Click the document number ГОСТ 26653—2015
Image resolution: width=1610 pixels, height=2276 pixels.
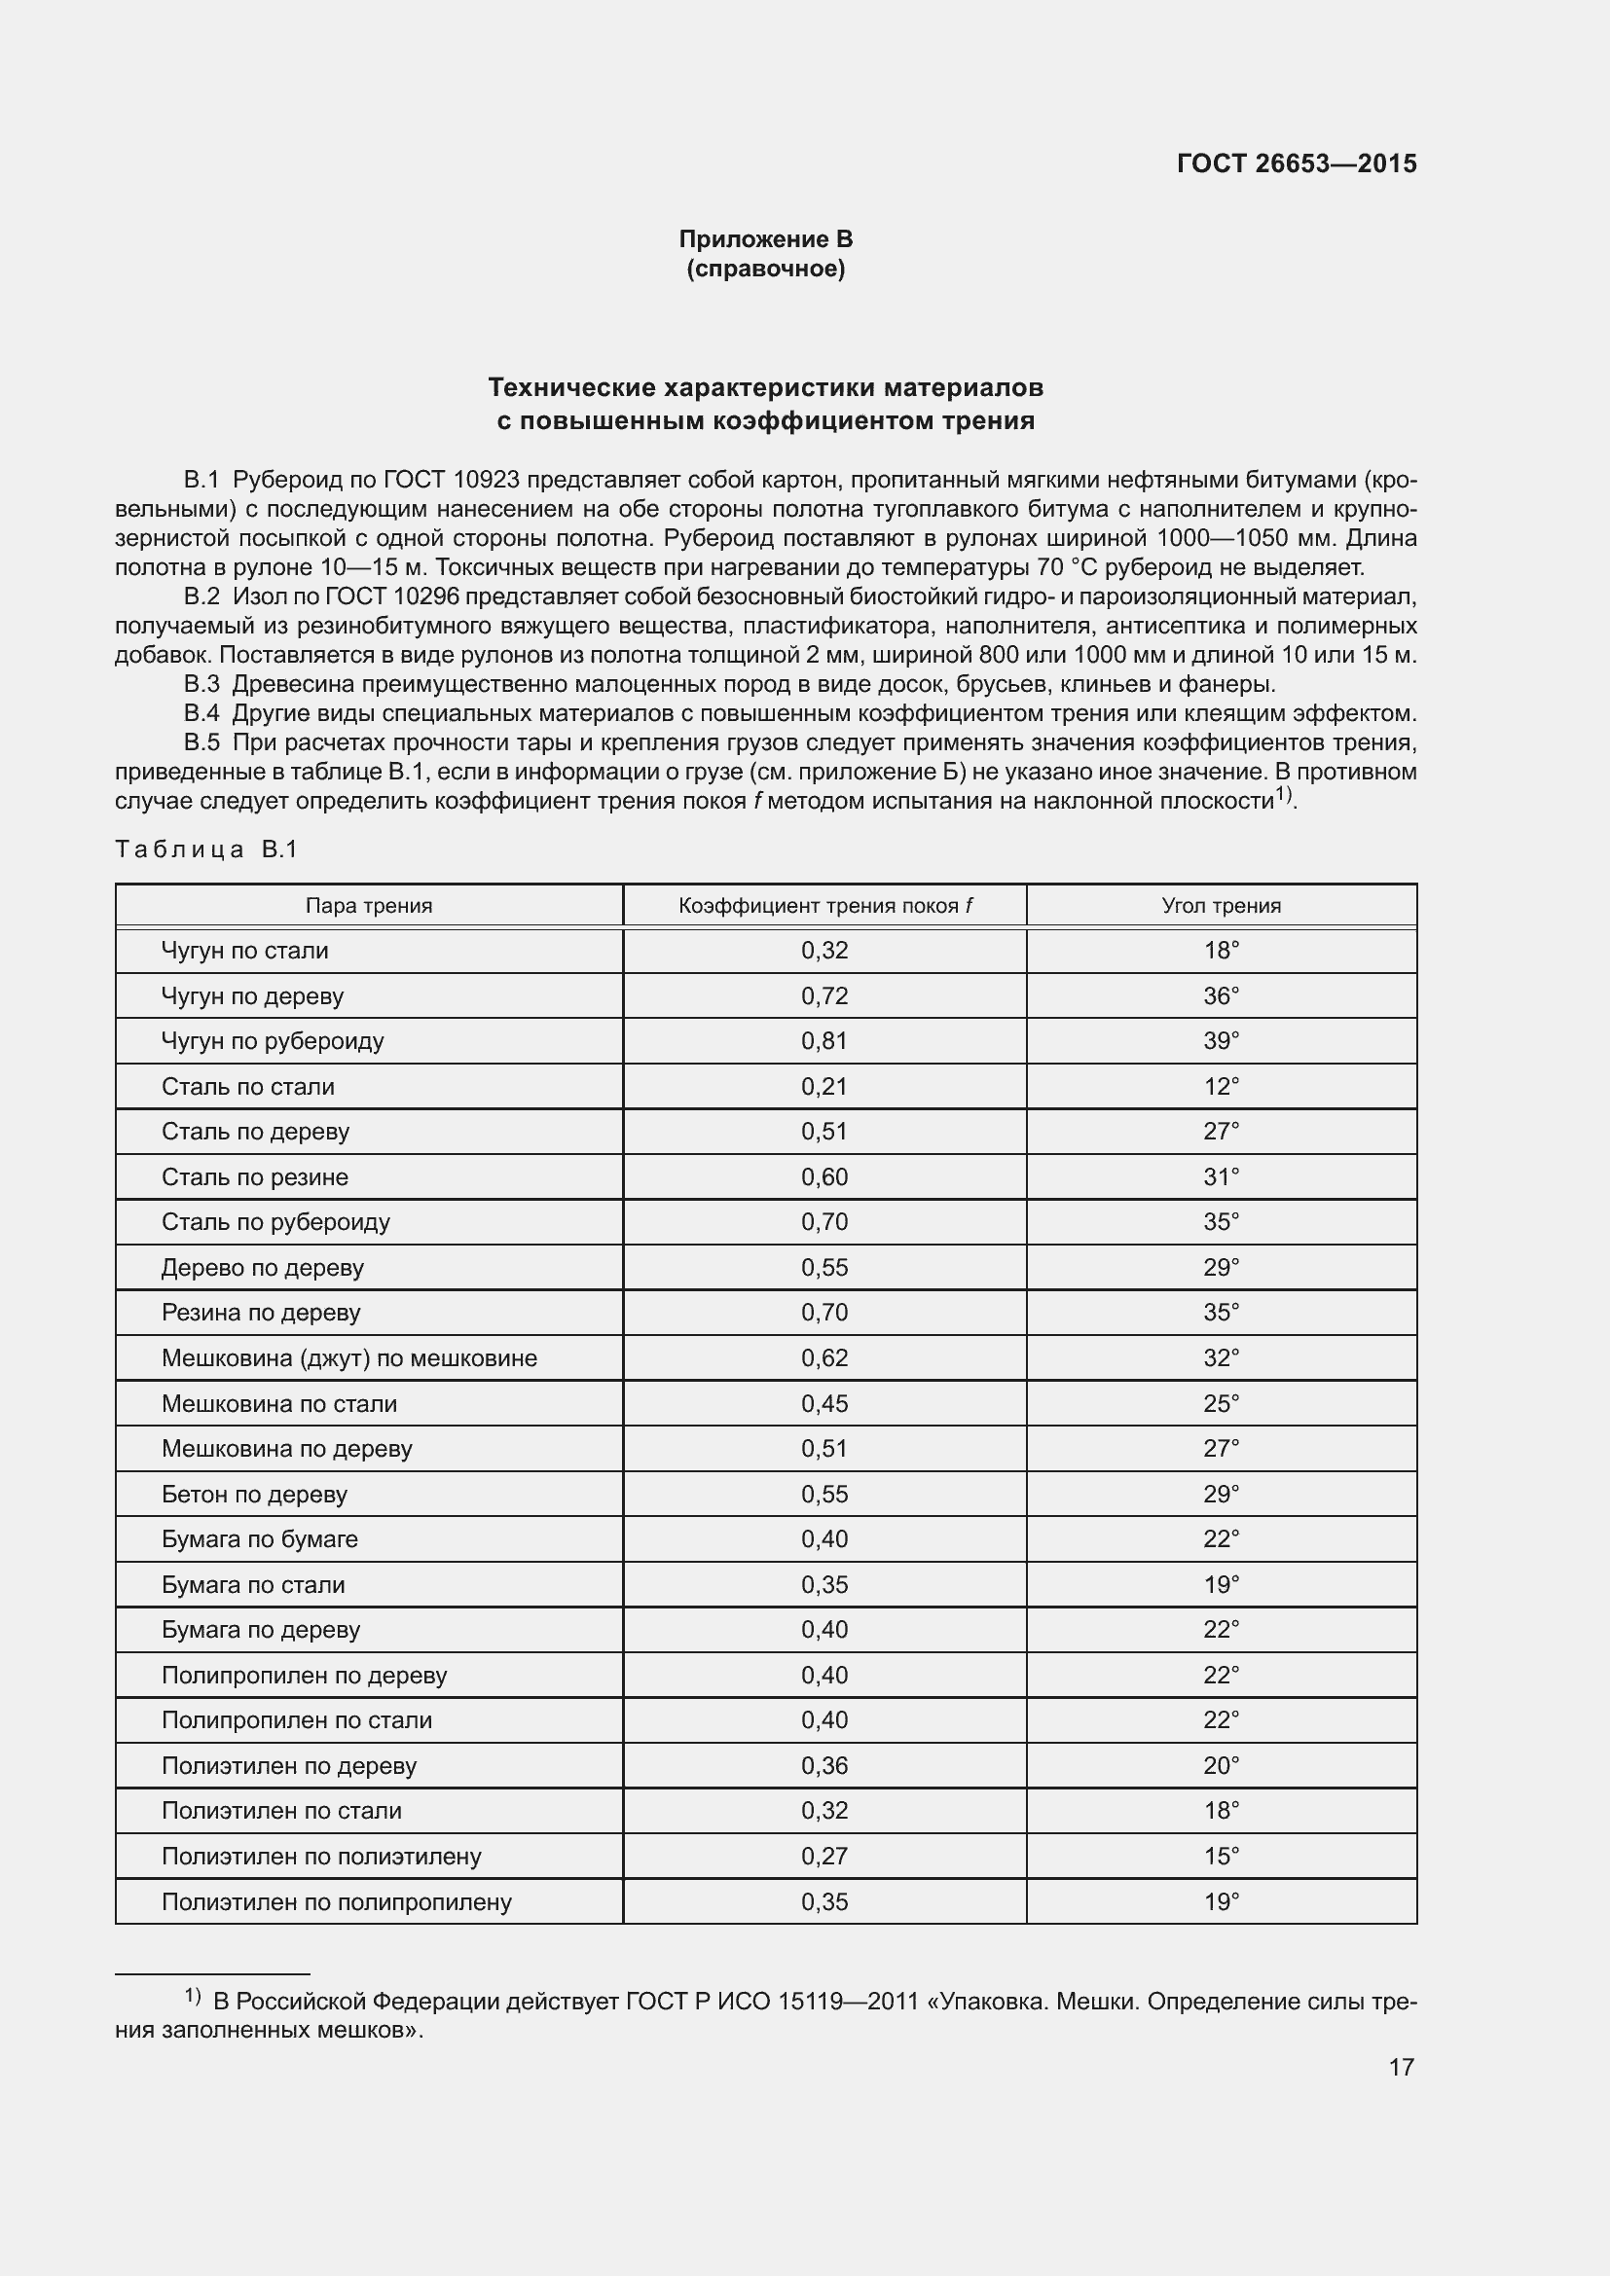[1296, 163]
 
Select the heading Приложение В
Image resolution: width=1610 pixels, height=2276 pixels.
[765, 239]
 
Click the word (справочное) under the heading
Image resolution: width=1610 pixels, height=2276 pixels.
[765, 269]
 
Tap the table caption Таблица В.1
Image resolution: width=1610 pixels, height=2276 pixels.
[206, 849]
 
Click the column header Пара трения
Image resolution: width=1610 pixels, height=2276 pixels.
[369, 905]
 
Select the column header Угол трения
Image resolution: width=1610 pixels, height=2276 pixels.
[1221, 905]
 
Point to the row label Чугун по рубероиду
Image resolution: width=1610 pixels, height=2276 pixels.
[273, 1041]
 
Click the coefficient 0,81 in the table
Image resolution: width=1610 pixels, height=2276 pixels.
[823, 1041]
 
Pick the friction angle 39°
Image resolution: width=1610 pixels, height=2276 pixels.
[1221, 1041]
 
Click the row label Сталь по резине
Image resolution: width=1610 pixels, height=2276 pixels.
[255, 1176]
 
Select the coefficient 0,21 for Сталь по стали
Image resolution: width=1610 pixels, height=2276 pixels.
[823, 1087]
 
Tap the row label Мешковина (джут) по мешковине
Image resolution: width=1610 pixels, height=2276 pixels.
[349, 1358]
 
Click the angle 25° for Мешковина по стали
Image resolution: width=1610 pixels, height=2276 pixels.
[1221, 1404]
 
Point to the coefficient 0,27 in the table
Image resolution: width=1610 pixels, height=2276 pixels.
[823, 1856]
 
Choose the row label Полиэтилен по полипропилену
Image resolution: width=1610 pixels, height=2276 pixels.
[336, 1901]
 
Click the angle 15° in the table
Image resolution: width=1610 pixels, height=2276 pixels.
[1221, 1856]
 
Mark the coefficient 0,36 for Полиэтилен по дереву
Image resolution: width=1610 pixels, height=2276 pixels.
[823, 1765]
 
